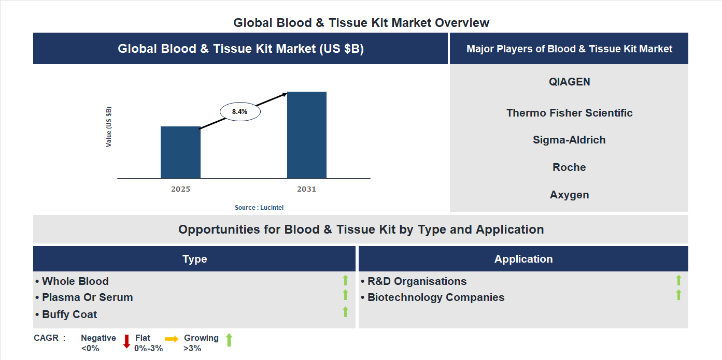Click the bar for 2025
pyautogui.click(x=180, y=152)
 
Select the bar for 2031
pyautogui.click(x=307, y=135)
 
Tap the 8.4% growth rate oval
pyautogui.click(x=240, y=111)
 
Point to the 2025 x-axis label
pyautogui.click(x=180, y=189)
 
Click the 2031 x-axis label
pyautogui.click(x=306, y=189)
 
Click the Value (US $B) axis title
pyautogui.click(x=109, y=127)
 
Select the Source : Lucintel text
pyautogui.click(x=259, y=207)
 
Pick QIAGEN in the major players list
pyautogui.click(x=569, y=82)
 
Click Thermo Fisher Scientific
pyautogui.click(x=569, y=113)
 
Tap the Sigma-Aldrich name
pyautogui.click(x=569, y=140)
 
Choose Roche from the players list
pyautogui.click(x=569, y=167)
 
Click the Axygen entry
pyautogui.click(x=569, y=195)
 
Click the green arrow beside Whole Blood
pyautogui.click(x=345, y=281)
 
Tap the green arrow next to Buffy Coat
pyautogui.click(x=345, y=312)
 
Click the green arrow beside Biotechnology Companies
pyautogui.click(x=678, y=295)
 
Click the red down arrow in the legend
pyautogui.click(x=126, y=341)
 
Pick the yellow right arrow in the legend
pyautogui.click(x=172, y=338)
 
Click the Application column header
pyautogui.click(x=523, y=259)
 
